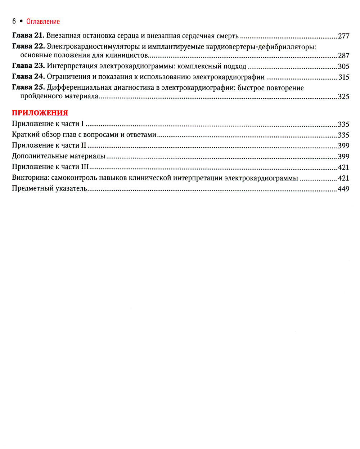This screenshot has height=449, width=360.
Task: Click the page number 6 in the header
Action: [x=14, y=21]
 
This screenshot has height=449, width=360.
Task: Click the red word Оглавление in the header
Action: [x=43, y=21]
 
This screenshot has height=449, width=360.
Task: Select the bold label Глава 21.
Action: [x=28, y=36]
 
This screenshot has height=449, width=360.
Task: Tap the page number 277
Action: [x=343, y=36]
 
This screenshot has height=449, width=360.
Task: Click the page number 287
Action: [x=343, y=55]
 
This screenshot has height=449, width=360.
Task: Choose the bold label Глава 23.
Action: [x=28, y=66]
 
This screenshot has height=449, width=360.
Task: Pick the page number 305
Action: [x=343, y=66]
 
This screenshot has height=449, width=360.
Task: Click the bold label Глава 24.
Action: [x=28, y=77]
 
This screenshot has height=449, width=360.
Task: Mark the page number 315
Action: [x=343, y=77]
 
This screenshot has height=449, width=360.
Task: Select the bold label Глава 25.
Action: [x=28, y=87]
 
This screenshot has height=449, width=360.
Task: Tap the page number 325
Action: [x=343, y=96]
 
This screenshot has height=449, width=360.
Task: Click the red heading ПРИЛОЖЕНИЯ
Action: [x=40, y=113]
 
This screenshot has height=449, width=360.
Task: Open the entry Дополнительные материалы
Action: [x=58, y=156]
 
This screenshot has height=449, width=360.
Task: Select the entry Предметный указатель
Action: [x=50, y=188]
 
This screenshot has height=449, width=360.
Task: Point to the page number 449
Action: [x=343, y=189]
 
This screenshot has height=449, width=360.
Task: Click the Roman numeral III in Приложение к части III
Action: [x=85, y=167]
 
